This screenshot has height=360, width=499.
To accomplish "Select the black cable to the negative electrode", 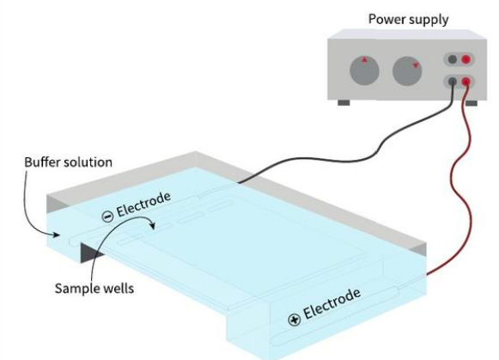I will click(344, 147).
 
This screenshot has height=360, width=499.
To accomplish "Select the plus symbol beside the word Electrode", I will click(295, 320).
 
